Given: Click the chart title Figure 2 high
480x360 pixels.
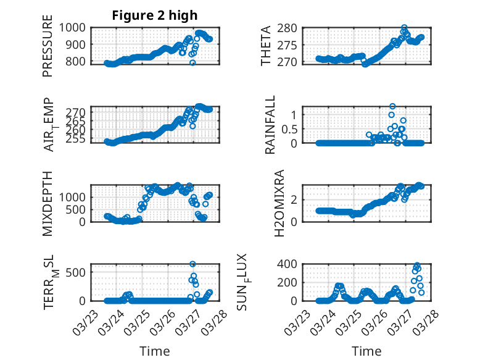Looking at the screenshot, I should coord(154,15).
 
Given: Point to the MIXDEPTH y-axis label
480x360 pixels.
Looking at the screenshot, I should coord(48,203).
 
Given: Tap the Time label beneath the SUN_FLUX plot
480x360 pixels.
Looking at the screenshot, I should coord(366,351).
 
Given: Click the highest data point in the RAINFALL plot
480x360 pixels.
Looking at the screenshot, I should coord(392,106).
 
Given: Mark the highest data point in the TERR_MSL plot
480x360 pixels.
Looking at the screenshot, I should coord(192,264).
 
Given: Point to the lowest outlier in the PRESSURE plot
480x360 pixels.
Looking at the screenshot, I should coord(192,63).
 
